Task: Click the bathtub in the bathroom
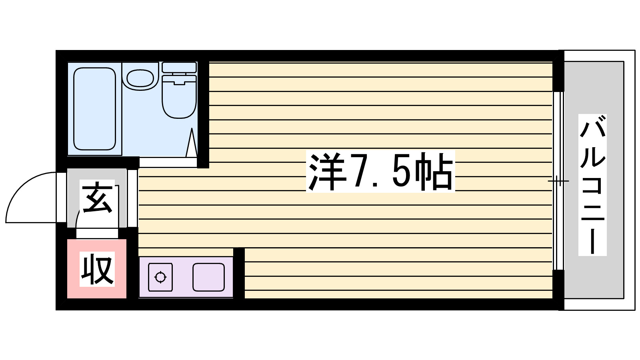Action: [x=95, y=109]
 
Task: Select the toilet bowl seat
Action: [x=179, y=98]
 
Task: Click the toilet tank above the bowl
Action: [x=179, y=67]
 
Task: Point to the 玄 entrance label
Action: [x=97, y=198]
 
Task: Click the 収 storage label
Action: [x=97, y=269]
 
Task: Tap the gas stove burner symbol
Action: [x=160, y=277]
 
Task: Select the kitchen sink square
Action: [x=208, y=277]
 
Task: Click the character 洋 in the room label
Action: [x=326, y=172]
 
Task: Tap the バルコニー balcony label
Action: [x=592, y=185]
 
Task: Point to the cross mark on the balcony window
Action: [x=558, y=181]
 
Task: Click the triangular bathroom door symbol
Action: [x=192, y=143]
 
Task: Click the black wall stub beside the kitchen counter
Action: [x=239, y=273]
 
